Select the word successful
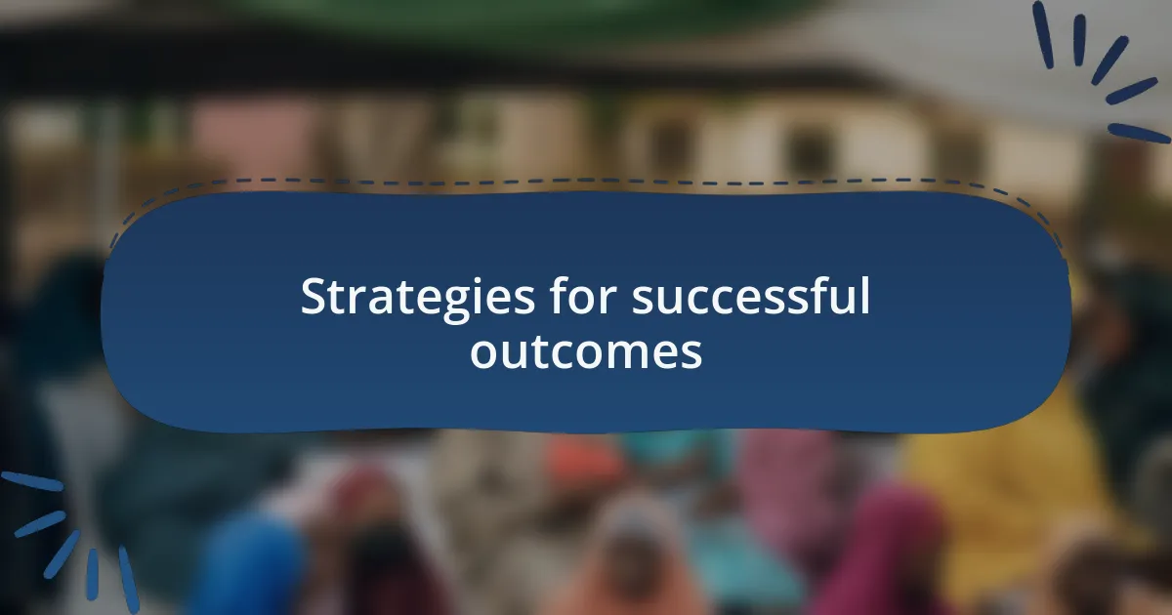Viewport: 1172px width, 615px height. (751, 296)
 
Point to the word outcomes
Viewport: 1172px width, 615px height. (586, 352)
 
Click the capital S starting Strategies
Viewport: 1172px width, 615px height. (315, 297)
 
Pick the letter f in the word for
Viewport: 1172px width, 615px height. (560, 296)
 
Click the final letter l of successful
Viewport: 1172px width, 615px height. (865, 296)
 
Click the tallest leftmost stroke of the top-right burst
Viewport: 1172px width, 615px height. (1043, 35)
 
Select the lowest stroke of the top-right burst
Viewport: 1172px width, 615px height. (1139, 134)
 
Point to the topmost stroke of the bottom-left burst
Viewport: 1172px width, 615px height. (32, 481)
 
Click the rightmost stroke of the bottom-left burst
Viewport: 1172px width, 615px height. (129, 580)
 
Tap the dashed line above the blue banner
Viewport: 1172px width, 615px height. (586, 181)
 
